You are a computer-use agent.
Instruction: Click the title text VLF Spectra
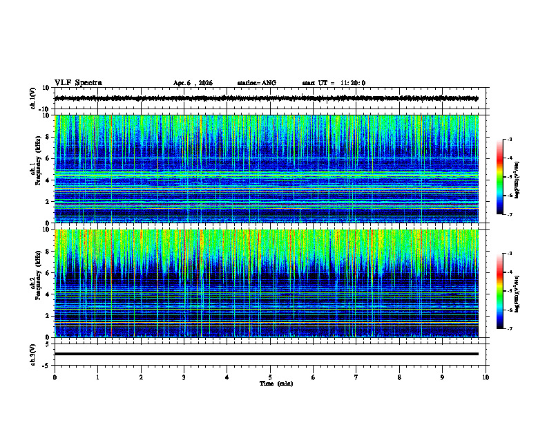[78, 83]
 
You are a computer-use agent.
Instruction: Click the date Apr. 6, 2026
[193, 83]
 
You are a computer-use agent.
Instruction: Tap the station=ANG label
[256, 83]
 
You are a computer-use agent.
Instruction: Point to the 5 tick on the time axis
[271, 377]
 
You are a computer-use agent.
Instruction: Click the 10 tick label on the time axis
[486, 377]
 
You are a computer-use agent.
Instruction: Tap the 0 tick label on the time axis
[55, 377]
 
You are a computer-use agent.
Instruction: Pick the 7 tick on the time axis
[356, 377]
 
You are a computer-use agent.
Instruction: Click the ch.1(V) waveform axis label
[33, 98]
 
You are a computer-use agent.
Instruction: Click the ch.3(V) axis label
[33, 354]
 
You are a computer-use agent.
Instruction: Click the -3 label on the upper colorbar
[509, 140]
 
